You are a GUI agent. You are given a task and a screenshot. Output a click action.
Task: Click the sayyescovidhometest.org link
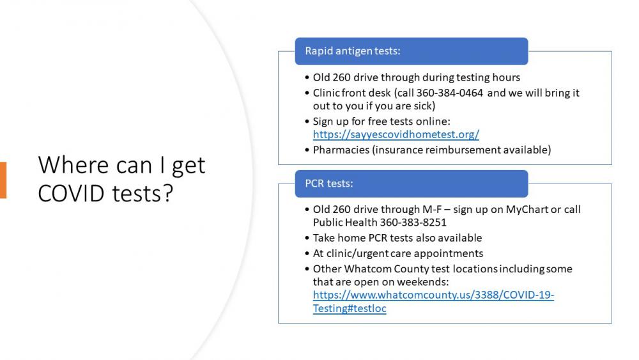(396, 134)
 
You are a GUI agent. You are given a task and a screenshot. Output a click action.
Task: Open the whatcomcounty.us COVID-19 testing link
(433, 301)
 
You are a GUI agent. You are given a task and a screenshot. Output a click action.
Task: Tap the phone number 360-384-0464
(449, 93)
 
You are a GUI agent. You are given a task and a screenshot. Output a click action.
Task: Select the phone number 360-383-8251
(413, 222)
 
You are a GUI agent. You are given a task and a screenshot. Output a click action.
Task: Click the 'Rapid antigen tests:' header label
(353, 51)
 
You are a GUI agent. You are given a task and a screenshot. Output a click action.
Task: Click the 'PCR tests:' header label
(329, 184)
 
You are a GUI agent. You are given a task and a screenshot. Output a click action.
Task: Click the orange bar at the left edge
(3, 180)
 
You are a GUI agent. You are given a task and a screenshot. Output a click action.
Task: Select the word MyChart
(527, 210)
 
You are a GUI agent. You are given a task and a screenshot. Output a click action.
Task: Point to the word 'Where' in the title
(75, 165)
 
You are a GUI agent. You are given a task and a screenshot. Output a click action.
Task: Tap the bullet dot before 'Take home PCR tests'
(307, 238)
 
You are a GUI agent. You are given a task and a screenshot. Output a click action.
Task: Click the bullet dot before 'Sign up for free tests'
(307, 121)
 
